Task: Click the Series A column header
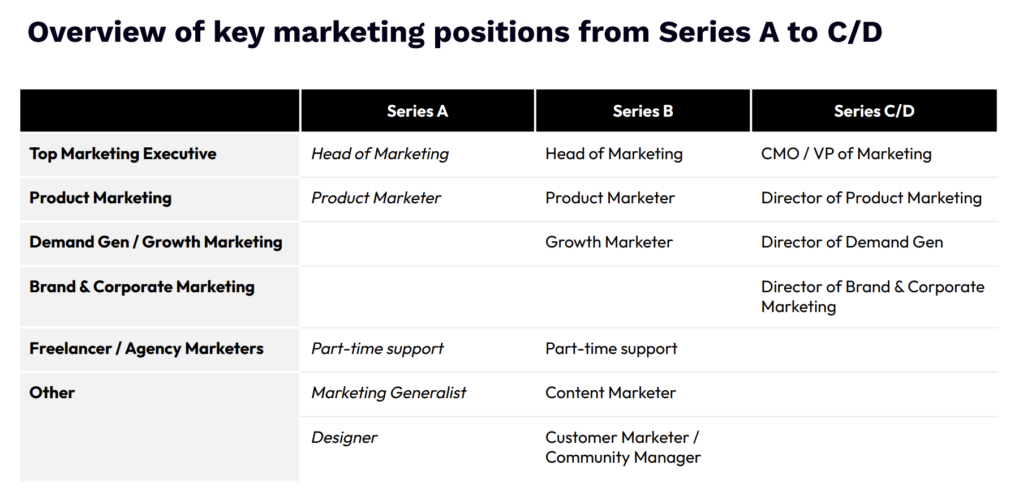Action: (417, 111)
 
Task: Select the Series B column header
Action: (643, 111)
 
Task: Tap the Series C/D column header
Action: (874, 111)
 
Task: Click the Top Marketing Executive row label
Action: (123, 154)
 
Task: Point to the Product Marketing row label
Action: (101, 198)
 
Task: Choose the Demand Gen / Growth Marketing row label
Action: (156, 242)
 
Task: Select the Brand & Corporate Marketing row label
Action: (142, 287)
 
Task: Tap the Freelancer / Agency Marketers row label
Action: (147, 349)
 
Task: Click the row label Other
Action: (52, 393)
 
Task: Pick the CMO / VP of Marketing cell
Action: (846, 154)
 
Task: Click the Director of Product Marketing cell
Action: (871, 198)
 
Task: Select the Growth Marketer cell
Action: (609, 242)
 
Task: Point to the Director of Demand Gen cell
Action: (852, 242)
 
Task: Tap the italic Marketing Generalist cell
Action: (389, 393)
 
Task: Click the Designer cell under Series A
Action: (344, 438)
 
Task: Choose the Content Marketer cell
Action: (611, 393)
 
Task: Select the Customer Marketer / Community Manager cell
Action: (623, 447)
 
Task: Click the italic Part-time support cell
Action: (377, 349)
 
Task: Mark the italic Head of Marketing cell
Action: (380, 154)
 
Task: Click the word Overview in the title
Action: (97, 32)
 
